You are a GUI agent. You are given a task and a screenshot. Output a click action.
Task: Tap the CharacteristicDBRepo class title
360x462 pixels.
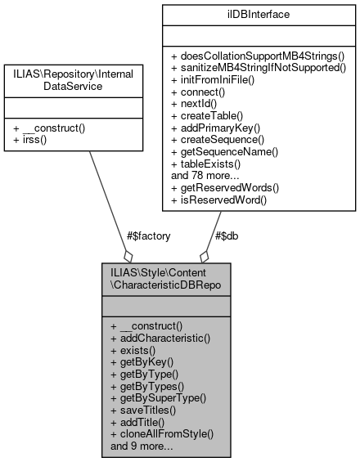click(x=166, y=276)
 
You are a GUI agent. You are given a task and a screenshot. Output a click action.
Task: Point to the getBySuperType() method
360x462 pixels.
click(x=158, y=398)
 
